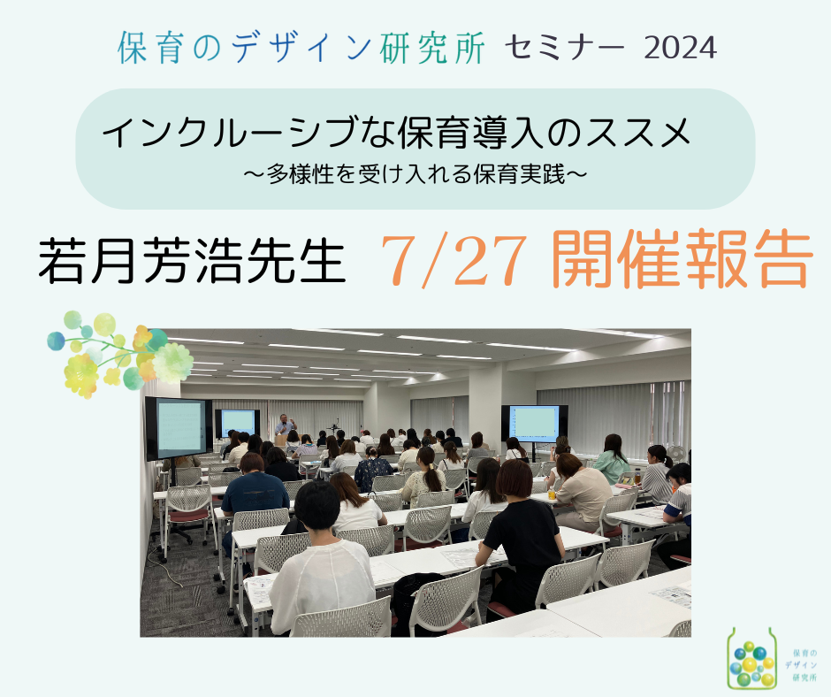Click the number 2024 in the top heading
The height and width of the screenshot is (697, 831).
coord(680,49)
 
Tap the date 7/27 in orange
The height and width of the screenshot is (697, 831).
coord(454,262)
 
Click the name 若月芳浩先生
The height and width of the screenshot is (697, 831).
coord(192,260)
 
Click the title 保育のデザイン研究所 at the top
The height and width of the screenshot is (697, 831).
coord(301,48)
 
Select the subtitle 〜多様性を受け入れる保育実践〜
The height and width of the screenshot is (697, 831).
coord(415,173)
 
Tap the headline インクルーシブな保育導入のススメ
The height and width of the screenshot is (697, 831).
coord(396,133)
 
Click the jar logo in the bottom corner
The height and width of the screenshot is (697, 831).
coord(751,659)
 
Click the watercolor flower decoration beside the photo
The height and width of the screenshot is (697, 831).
coord(119,353)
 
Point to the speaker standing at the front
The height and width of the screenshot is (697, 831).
coord(285,426)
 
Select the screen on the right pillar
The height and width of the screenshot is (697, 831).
coord(534,424)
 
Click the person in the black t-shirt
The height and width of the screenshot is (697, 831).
coord(522,536)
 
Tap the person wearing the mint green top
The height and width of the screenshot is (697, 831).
coord(611,459)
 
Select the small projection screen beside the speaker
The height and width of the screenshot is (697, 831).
coord(238,423)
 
